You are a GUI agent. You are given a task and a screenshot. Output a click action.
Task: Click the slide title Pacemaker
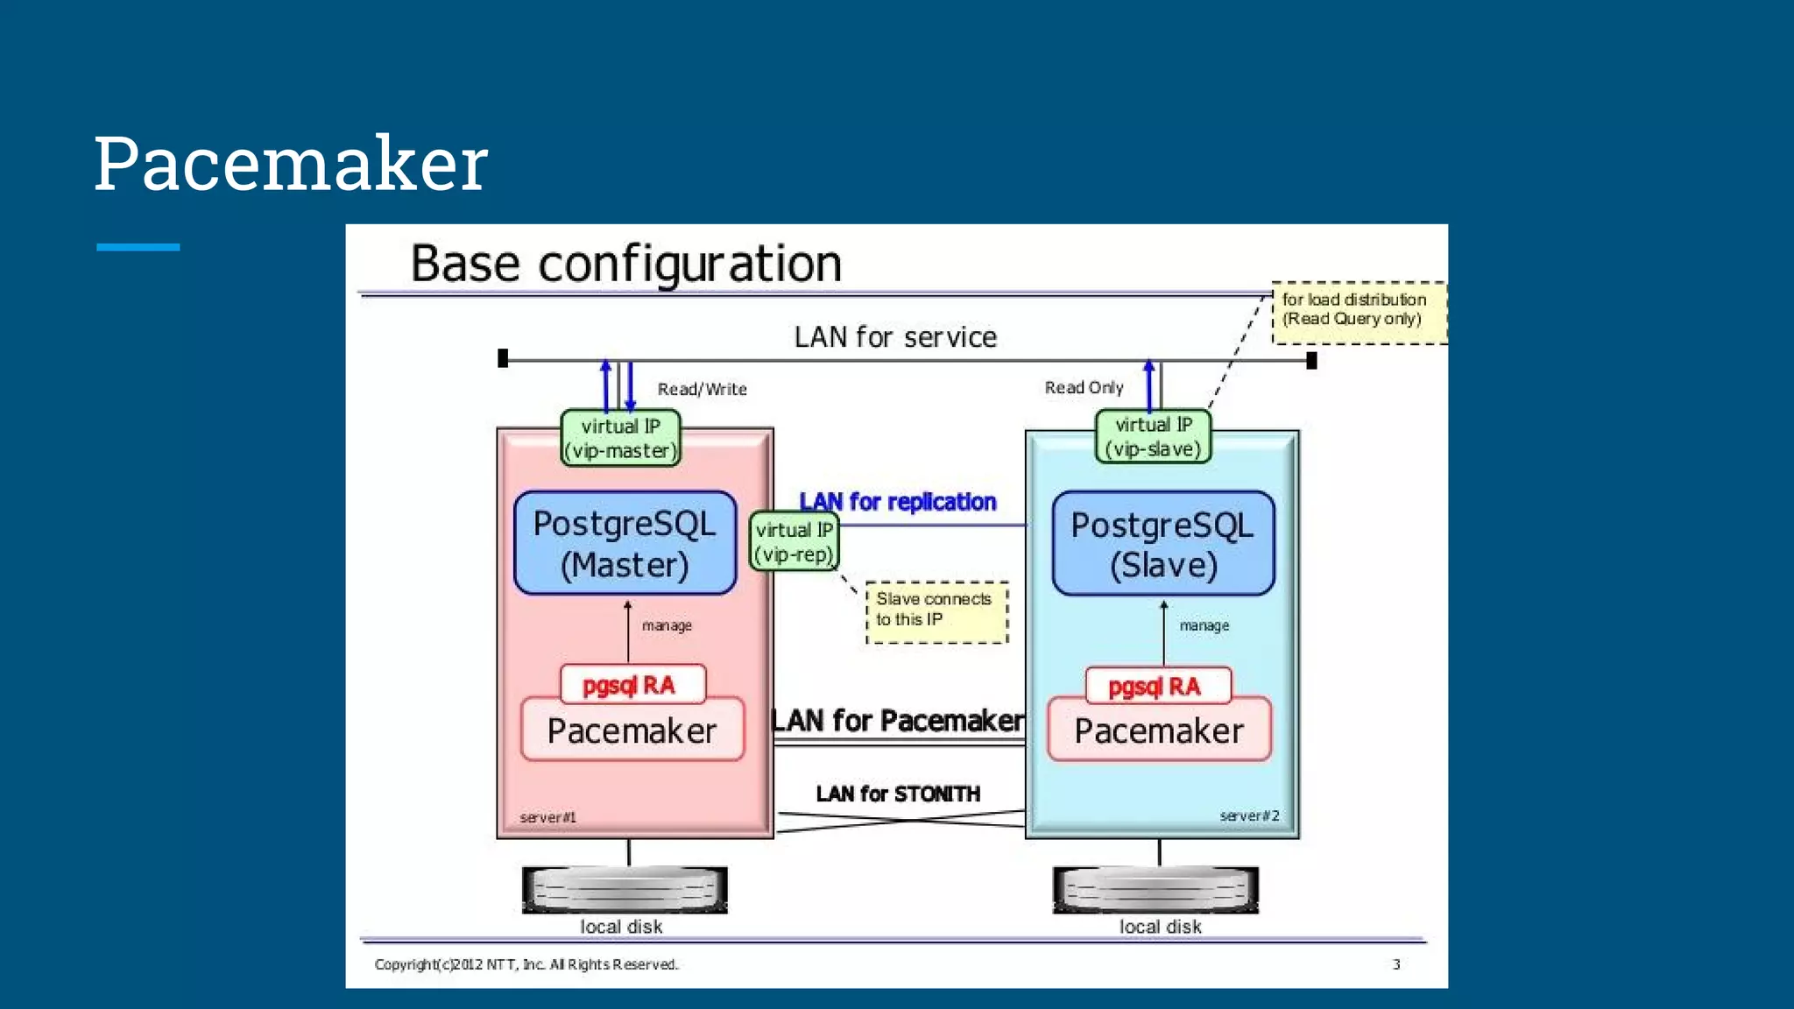pos(290,164)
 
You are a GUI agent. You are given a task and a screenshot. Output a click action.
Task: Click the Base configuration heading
pos(625,263)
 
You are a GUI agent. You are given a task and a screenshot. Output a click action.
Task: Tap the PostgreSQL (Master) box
pos(625,543)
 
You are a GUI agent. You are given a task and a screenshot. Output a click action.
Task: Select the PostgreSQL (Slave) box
pos(1162,544)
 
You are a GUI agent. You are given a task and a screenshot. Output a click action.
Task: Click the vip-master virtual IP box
pos(620,438)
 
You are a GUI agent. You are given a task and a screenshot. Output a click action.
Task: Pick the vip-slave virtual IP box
pos(1153,436)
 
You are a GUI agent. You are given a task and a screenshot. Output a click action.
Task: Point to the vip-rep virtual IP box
pos(794,542)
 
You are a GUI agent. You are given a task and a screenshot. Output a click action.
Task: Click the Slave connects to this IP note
pos(936,610)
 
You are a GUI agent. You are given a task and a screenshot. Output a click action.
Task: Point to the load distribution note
pos(1356,311)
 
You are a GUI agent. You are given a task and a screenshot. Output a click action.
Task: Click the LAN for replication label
pos(897,502)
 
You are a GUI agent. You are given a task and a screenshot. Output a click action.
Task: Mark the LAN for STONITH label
pos(897,794)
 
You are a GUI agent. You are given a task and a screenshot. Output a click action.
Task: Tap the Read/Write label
pos(702,389)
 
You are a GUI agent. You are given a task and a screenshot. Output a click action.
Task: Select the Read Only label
pos(1084,387)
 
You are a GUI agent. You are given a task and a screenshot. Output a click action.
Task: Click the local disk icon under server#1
pos(624,890)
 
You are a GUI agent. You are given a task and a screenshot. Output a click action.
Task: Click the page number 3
pos(1396,964)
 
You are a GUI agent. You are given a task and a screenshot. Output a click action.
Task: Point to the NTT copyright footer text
pos(526,964)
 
